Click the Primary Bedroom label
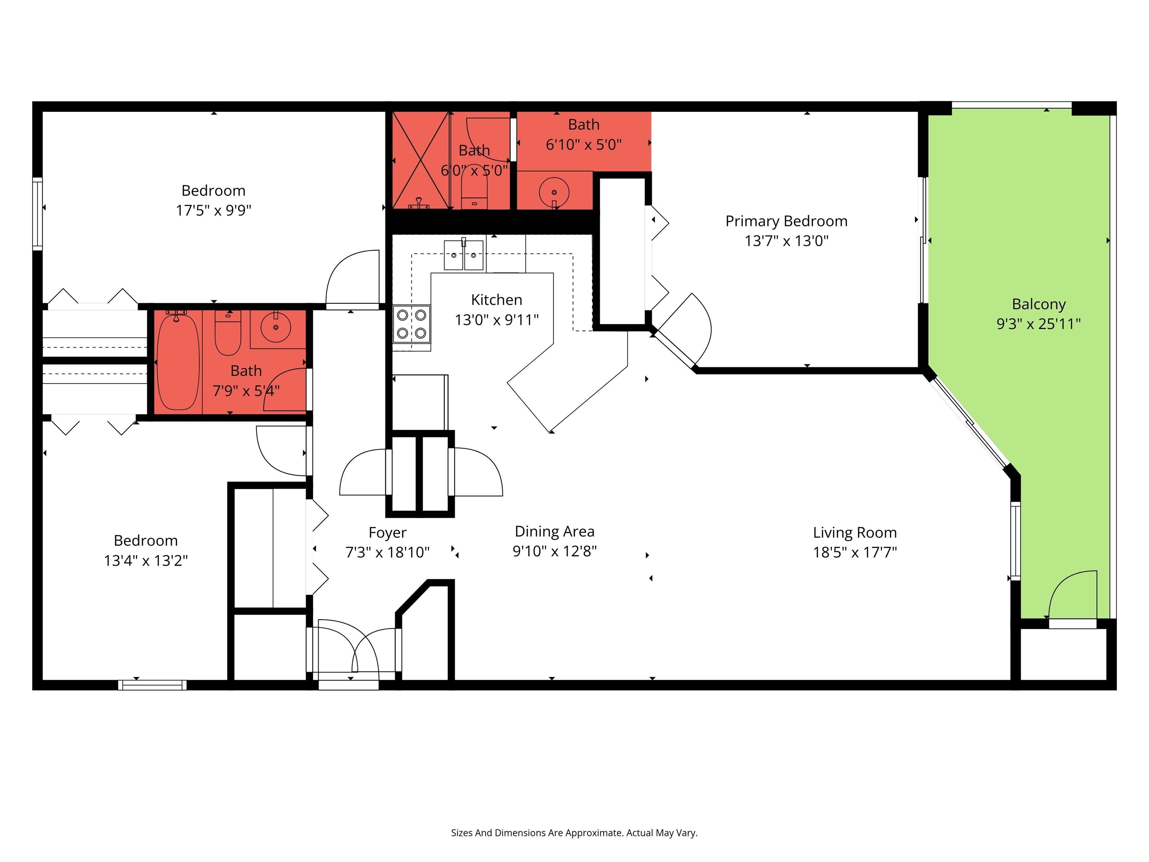pyautogui.click(x=787, y=221)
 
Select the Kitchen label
pyautogui.click(x=497, y=300)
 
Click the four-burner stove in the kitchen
pyautogui.click(x=411, y=324)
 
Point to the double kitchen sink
pyautogui.click(x=464, y=255)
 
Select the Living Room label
pyautogui.click(x=855, y=533)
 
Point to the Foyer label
pyautogui.click(x=387, y=533)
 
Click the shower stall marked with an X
pyautogui.click(x=420, y=160)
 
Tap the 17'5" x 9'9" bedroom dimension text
pyautogui.click(x=214, y=210)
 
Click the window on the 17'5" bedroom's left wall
pyautogui.click(x=37, y=214)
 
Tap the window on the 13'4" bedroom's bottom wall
pyautogui.click(x=152, y=685)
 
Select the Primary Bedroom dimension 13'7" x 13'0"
pyautogui.click(x=787, y=241)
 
